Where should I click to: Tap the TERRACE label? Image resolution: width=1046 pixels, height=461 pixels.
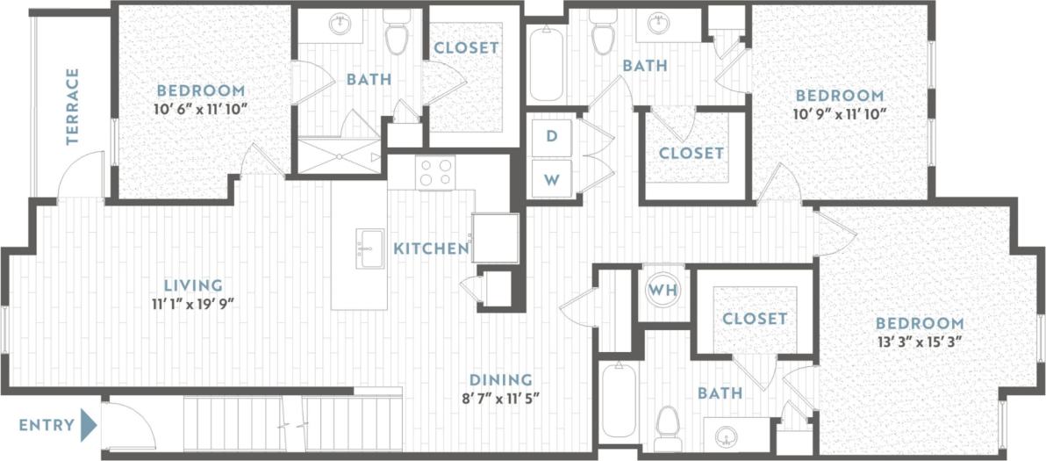(73, 106)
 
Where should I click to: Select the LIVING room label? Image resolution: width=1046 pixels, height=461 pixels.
(192, 285)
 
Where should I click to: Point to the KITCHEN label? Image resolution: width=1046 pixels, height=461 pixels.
(430, 249)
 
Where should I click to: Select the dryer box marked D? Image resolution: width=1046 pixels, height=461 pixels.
(551, 137)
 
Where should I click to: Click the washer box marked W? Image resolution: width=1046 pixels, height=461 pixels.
(551, 180)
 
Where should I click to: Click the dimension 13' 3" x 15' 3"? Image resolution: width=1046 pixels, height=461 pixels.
(918, 342)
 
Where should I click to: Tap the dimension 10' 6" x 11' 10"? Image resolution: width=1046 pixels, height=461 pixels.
(200, 109)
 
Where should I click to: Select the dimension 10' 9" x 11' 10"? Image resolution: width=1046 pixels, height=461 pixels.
(839, 113)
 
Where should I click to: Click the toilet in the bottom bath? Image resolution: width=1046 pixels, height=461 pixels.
(670, 423)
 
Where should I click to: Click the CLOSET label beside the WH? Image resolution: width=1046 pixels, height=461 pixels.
(755, 319)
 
